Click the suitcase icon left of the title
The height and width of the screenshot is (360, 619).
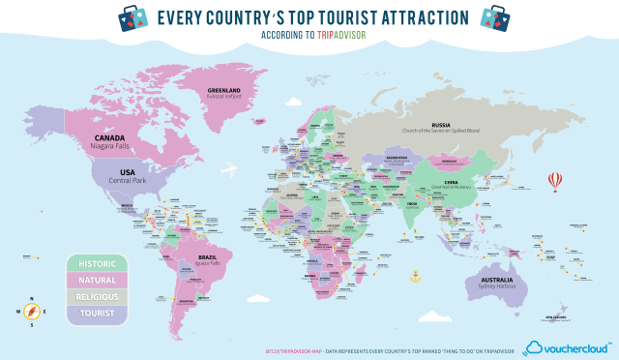(x=133, y=15)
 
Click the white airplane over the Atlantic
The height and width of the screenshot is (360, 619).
(x=229, y=171)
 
